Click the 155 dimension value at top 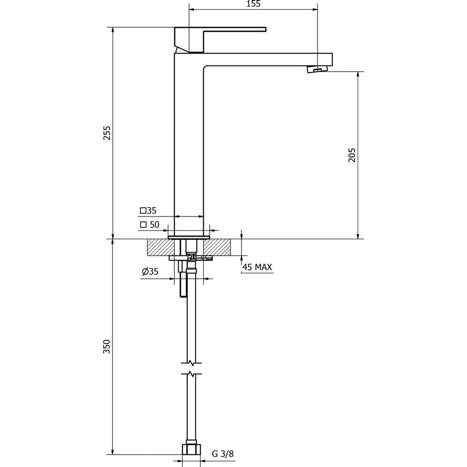pos(253,4)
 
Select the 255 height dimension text pos(107,133)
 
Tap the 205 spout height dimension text pos(352,155)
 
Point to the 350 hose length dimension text pos(107,346)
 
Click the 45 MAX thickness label pos(257,267)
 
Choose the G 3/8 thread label pos(223,454)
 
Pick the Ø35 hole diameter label pos(150,271)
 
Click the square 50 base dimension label pos(150,225)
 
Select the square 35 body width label pos(148,211)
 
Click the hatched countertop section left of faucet pos(158,247)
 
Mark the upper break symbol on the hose pos(191,362)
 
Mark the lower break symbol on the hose pos(191,373)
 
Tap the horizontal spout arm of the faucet pos(268,59)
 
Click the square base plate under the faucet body pos(189,237)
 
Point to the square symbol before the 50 pos(143,225)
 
